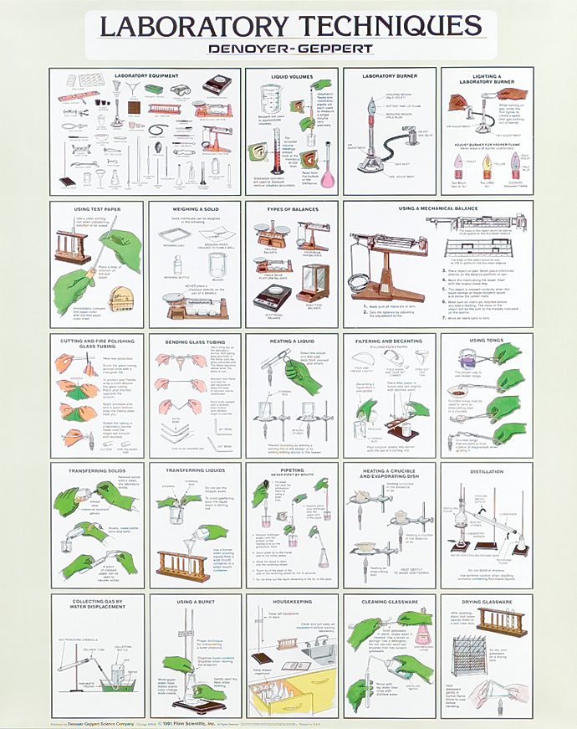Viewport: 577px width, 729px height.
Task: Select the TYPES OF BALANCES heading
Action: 290,209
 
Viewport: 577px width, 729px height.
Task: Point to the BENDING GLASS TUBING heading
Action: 194,341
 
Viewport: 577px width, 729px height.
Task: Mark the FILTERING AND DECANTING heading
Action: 388,341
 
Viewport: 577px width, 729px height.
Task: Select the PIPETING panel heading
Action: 290,470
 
